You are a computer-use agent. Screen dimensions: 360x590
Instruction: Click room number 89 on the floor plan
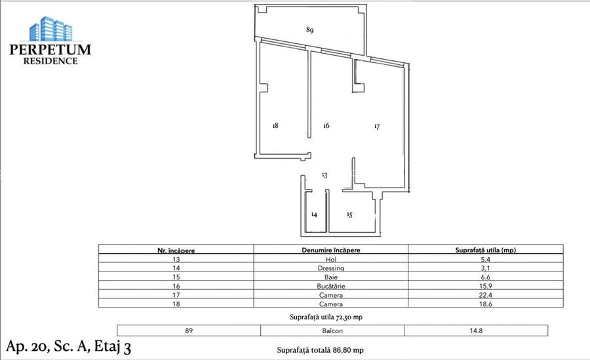click(x=310, y=30)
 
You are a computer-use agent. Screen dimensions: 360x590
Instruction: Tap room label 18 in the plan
click(x=276, y=125)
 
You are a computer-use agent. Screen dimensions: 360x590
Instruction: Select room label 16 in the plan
click(x=326, y=125)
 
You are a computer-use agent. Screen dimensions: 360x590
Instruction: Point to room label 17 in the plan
click(x=377, y=126)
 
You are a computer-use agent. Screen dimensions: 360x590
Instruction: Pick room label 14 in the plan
click(x=314, y=214)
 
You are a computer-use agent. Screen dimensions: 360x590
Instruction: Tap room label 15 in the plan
click(x=349, y=214)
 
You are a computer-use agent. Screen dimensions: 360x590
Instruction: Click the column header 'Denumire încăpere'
click(x=330, y=250)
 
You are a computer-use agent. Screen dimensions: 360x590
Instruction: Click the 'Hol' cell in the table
click(x=330, y=259)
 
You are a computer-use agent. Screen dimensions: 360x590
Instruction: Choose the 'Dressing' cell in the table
click(x=330, y=268)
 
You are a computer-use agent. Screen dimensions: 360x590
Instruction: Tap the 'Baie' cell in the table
click(x=330, y=277)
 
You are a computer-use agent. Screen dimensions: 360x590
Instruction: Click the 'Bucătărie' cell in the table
click(x=330, y=287)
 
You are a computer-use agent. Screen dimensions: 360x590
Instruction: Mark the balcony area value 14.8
click(x=475, y=330)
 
